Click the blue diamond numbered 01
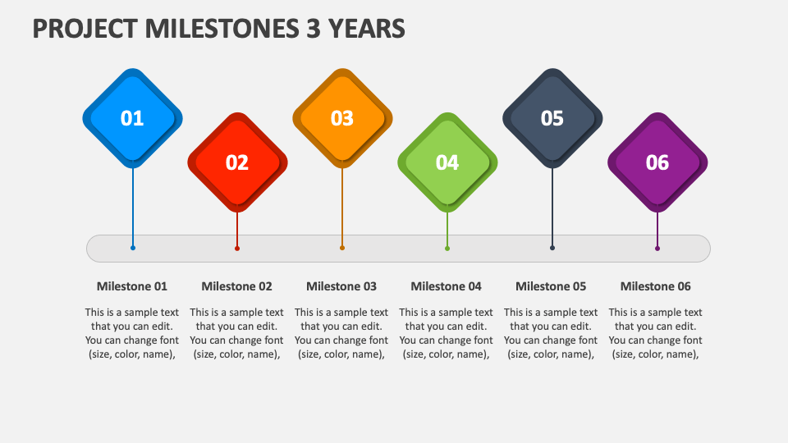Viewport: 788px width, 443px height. pos(132,118)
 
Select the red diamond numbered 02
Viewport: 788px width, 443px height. pos(237,162)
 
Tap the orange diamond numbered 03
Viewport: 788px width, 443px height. pos(342,118)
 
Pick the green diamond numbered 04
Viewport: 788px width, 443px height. pos(447,162)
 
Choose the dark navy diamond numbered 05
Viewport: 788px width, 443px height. pos(552,118)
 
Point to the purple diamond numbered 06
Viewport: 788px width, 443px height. pos(657,162)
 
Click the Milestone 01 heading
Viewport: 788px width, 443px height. pos(132,286)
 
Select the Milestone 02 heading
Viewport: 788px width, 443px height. pos(236,286)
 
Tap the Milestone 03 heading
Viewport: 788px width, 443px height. pos(341,286)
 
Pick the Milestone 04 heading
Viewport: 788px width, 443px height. pos(446,286)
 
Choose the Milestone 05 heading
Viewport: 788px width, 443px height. pos(551,286)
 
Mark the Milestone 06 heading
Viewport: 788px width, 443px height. pos(655,286)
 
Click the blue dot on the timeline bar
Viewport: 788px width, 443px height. pos(133,248)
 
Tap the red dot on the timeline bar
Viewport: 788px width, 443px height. pos(237,248)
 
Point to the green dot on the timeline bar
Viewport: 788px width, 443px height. pos(447,248)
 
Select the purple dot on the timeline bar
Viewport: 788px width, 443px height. pos(657,248)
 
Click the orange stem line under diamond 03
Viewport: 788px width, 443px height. pos(342,205)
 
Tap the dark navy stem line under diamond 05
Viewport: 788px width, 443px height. pos(552,205)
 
